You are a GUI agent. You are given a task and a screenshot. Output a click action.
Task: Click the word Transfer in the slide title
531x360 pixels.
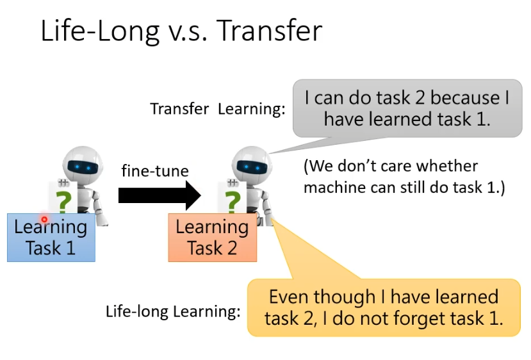(x=269, y=31)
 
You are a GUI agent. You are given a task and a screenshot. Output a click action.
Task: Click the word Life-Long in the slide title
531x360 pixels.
(x=100, y=31)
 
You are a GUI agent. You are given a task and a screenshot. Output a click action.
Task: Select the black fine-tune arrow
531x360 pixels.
(x=159, y=195)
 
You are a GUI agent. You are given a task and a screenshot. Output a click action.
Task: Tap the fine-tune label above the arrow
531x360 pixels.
(x=155, y=170)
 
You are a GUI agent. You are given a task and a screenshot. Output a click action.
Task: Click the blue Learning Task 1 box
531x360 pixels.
(x=51, y=238)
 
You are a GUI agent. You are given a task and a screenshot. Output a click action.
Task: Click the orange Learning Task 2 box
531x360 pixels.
(x=212, y=238)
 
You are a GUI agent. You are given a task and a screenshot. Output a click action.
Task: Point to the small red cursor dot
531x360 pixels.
(x=44, y=220)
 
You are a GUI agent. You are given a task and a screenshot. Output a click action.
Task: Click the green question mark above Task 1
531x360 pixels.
(x=63, y=202)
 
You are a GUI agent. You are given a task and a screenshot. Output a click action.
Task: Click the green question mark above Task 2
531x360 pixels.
(x=233, y=202)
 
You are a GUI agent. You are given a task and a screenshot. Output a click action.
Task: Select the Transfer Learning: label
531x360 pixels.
(x=218, y=110)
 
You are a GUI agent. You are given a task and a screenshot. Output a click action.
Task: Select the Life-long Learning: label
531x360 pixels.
(x=173, y=311)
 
